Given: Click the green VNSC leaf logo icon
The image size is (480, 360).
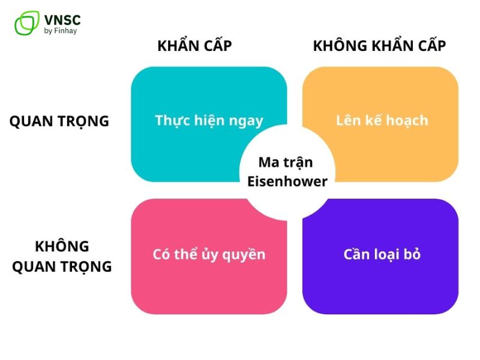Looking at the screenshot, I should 26,23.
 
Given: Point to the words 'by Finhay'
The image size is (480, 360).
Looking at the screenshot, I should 61,31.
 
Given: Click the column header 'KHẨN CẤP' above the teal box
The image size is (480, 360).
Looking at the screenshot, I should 194,46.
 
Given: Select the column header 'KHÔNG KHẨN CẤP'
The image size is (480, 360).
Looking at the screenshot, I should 380,46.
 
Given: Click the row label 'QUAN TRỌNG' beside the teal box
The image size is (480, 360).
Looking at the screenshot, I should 59,121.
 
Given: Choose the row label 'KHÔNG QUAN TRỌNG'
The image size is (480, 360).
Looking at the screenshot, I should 62,256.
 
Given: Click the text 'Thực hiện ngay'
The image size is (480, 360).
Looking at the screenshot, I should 209,121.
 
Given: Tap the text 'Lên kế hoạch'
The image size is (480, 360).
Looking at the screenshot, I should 382,120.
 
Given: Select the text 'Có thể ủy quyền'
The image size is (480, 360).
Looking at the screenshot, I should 209,254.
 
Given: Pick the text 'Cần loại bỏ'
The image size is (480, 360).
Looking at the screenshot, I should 382,254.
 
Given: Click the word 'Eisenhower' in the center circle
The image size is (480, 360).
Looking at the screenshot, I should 287,181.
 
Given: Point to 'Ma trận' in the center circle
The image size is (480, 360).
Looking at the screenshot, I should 286,162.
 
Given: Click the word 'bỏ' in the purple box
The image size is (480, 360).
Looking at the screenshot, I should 412,254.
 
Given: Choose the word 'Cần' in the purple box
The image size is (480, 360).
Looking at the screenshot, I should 356,254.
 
